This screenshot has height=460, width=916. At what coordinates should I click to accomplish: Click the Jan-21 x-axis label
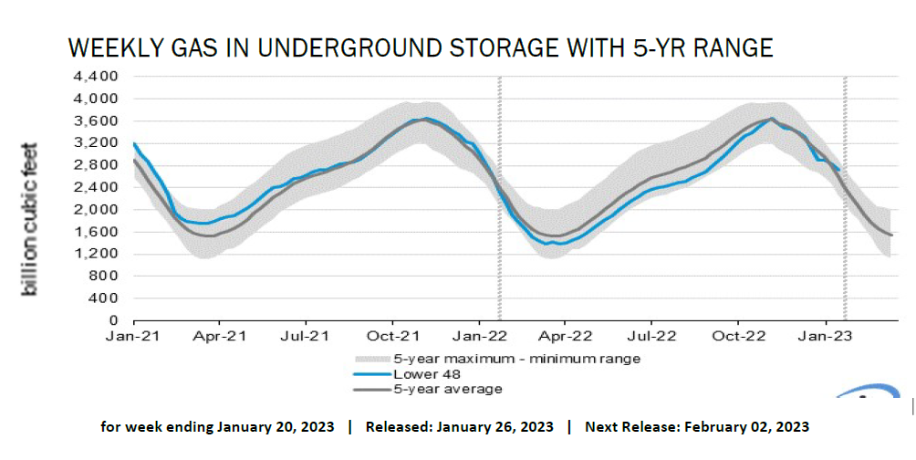click(133, 337)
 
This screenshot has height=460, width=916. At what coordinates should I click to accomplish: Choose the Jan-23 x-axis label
click(827, 337)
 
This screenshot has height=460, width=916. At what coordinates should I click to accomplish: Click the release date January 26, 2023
click(495, 427)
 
